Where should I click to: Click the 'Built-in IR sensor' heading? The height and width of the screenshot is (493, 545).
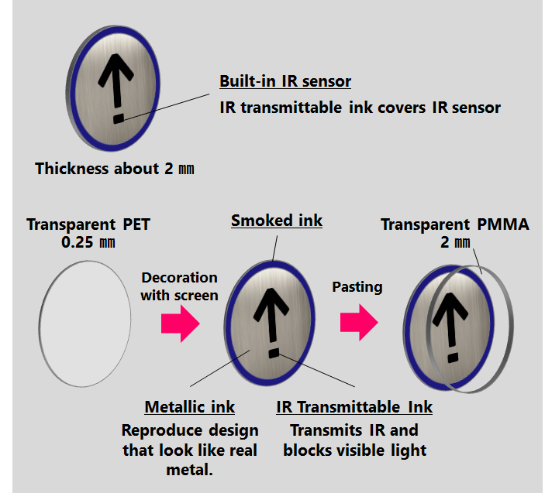285,81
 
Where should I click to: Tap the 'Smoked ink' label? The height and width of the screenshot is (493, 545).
277,221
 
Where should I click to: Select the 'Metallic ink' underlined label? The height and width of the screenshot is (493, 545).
189,407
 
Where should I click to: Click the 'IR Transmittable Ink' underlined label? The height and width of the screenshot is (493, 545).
354,407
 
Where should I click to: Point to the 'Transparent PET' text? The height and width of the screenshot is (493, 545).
88,225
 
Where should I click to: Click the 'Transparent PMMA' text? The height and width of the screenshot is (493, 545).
455,225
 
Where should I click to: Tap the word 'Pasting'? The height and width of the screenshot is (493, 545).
357,286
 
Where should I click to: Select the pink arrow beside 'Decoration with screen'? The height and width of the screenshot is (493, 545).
180,321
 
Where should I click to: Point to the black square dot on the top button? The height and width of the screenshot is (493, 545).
118,118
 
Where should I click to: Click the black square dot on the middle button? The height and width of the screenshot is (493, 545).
273,354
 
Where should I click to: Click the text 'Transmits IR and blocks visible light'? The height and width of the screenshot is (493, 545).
354,440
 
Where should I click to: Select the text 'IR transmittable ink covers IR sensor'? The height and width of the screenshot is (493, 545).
360,107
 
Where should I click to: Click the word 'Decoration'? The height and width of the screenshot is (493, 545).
179,277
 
